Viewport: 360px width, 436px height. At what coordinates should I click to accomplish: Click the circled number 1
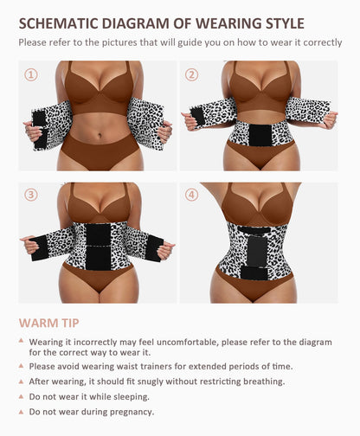[x=31, y=74]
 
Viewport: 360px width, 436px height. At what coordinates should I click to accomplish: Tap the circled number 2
[x=191, y=74]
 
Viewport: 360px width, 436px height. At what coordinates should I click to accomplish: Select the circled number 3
[x=31, y=195]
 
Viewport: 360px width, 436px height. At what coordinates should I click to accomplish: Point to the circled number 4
[x=191, y=195]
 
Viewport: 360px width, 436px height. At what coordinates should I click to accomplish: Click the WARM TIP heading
[x=50, y=323]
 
